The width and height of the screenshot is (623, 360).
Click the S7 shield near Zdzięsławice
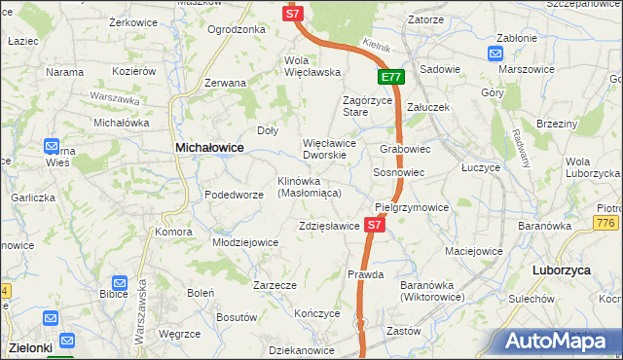[x=376, y=225]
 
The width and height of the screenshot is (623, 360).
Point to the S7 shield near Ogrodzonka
[x=294, y=14]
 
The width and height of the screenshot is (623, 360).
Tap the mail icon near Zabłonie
[x=495, y=56]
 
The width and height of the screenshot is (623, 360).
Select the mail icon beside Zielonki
[x=66, y=341]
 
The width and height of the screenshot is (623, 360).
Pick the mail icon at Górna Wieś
[x=53, y=147]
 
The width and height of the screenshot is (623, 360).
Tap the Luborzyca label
[x=563, y=270]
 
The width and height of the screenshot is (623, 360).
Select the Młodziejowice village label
[x=246, y=242]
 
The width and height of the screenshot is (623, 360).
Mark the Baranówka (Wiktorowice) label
[x=431, y=290]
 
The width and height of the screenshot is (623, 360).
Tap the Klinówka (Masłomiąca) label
[x=309, y=187]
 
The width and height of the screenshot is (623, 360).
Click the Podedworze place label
[x=234, y=195]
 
